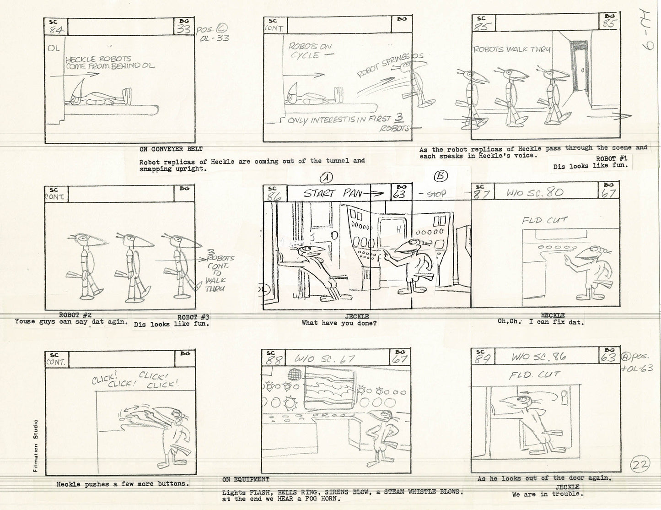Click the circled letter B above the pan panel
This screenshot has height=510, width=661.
(x=441, y=176)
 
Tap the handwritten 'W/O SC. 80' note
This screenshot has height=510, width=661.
(x=528, y=192)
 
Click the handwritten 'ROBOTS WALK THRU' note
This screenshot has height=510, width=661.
(x=511, y=49)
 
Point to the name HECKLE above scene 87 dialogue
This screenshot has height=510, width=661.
(x=552, y=315)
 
